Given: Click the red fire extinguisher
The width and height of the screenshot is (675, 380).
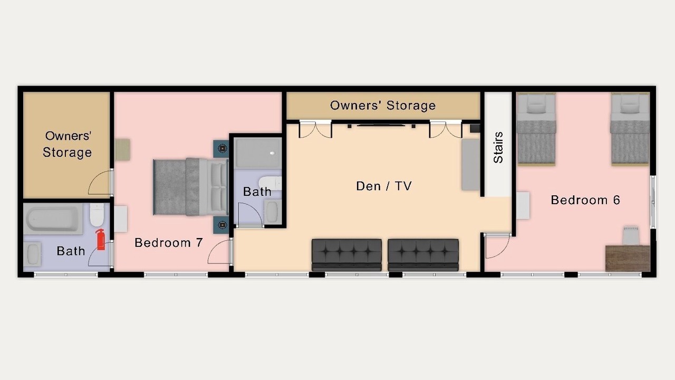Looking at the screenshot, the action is (101, 240).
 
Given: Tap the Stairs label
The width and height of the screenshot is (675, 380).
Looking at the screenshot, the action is (498, 147).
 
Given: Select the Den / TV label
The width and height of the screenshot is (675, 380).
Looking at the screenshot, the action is (383, 186).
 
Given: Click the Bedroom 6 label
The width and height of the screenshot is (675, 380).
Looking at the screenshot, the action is (585, 200).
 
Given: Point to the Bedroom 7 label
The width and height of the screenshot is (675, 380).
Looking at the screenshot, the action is (168, 242).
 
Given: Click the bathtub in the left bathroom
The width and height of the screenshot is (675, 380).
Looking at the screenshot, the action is (53, 218).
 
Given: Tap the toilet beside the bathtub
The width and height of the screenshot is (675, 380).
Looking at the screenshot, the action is (97, 214).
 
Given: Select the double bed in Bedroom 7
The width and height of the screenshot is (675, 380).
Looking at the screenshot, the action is (190, 187).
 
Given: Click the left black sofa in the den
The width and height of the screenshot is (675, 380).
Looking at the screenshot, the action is (346, 255).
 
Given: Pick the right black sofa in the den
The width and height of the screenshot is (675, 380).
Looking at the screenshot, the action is (423, 255).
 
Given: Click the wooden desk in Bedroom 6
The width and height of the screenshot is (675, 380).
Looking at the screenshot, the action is (628, 259).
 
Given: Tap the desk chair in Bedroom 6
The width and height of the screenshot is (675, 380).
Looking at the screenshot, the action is (631, 235).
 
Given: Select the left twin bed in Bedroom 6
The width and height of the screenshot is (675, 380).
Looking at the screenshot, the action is (536, 129).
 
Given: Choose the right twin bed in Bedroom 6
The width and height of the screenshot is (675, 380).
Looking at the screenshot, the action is (630, 129).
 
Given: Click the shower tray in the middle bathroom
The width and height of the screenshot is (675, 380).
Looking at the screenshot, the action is (258, 153).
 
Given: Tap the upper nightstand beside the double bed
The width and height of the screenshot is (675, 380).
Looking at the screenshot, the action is (221, 149).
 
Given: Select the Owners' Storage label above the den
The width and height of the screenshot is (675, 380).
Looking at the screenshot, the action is (383, 106).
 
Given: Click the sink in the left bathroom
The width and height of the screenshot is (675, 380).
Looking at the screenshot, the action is (33, 254).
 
